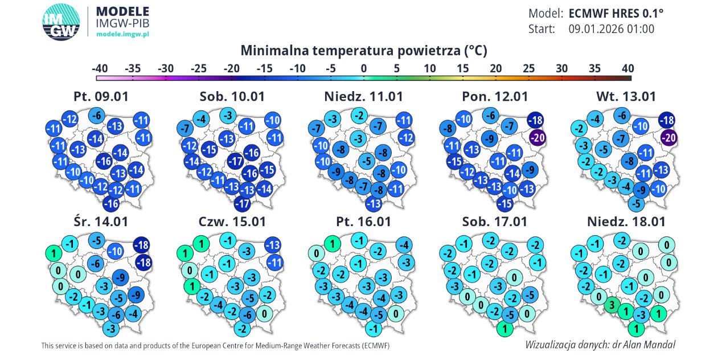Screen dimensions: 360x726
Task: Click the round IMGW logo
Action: [61, 22]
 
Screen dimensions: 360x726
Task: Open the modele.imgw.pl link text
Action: [122, 34]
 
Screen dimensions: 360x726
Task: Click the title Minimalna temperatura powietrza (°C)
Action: [363, 50]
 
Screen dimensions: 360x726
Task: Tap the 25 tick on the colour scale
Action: [528, 68]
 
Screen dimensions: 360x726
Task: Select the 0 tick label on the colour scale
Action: [363, 68]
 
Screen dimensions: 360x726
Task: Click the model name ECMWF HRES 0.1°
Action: [616, 14]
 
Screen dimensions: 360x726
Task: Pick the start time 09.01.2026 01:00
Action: [611, 29]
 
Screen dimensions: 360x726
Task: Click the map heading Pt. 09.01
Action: [101, 96]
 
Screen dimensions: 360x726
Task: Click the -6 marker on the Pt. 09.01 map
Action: [97, 116]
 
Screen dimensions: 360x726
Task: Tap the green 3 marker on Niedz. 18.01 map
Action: [612, 305]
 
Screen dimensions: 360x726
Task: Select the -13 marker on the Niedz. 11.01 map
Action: [373, 203]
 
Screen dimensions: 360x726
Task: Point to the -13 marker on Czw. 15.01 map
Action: [273, 245]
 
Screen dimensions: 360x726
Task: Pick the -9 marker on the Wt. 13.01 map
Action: [642, 190]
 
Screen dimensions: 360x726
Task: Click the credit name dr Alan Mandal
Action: [641, 345]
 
